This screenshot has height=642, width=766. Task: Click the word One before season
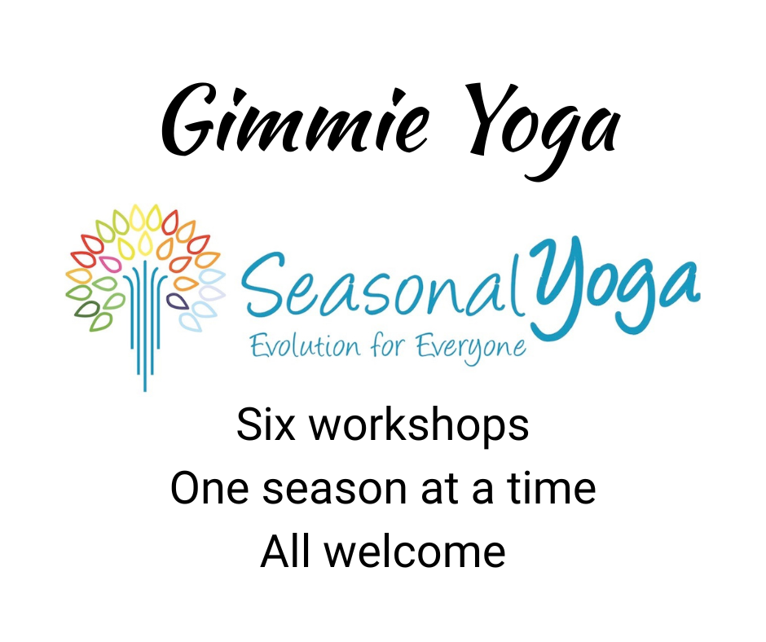(x=208, y=488)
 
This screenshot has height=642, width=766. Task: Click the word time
(x=554, y=488)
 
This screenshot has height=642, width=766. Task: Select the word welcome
(x=415, y=552)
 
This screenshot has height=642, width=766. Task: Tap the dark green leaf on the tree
(x=85, y=309)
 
